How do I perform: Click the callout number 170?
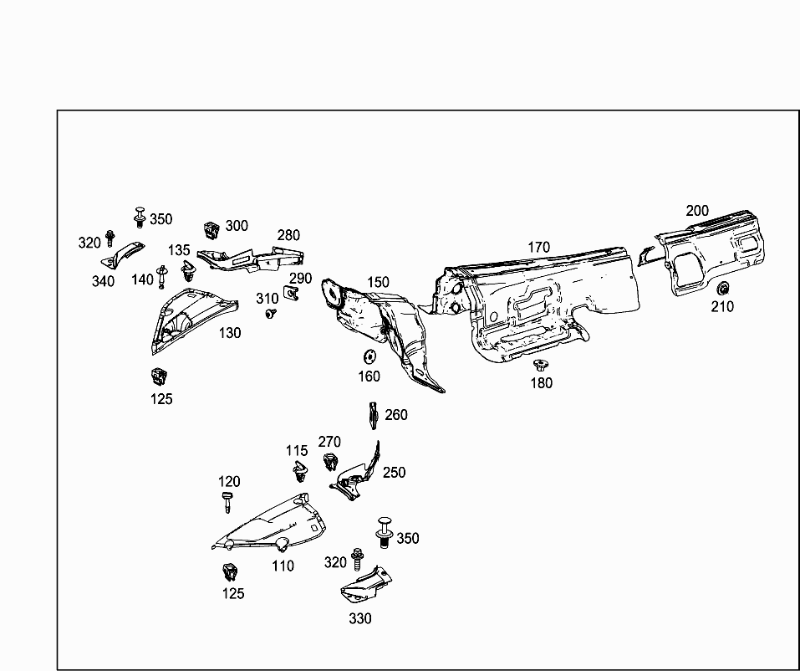[538, 247]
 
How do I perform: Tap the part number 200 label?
[697, 211]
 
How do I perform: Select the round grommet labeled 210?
[722, 289]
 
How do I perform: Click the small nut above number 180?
[540, 365]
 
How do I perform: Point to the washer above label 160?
[369, 356]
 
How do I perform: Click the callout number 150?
[378, 283]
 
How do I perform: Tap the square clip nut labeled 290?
[293, 292]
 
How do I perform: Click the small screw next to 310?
[270, 314]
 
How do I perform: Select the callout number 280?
[288, 236]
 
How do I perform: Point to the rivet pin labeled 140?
[162, 275]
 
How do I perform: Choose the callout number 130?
[230, 333]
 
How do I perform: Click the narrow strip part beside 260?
[373, 413]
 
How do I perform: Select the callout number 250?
[394, 473]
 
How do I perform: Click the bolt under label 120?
[227, 503]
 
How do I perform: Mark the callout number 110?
[283, 566]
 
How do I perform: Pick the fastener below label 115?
[298, 474]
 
